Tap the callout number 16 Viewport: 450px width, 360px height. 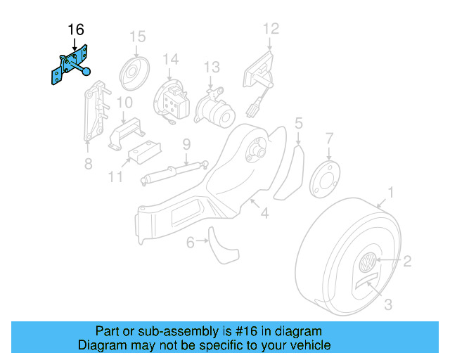(x=76, y=30)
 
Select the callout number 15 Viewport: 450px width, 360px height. (x=137, y=36)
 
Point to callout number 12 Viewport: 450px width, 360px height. (x=271, y=29)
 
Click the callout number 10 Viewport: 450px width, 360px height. (x=124, y=103)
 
